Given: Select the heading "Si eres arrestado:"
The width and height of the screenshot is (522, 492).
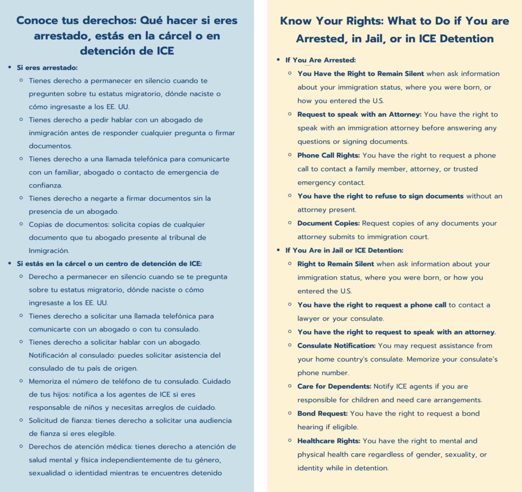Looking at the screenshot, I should [x=47, y=67].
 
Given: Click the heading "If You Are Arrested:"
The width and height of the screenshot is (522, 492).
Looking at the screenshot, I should [x=321, y=60].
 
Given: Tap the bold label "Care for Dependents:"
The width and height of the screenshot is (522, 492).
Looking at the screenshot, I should [x=334, y=386].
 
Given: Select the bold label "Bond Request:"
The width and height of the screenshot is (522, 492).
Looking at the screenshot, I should [x=323, y=413].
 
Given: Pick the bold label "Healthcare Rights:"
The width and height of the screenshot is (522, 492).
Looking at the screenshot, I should [x=329, y=441].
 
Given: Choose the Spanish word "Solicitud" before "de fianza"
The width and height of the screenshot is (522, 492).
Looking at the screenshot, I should [x=45, y=420].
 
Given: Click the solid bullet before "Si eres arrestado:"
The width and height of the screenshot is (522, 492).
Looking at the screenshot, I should [x=11, y=67].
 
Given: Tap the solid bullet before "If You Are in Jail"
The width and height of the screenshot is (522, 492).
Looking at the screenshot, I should [x=278, y=250].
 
